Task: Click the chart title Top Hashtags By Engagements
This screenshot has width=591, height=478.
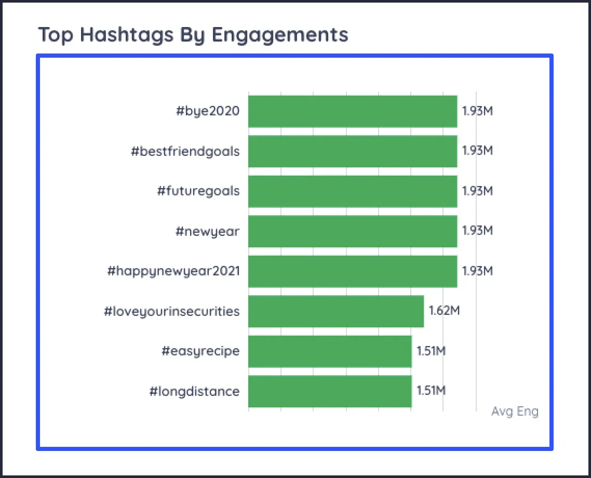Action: (x=193, y=35)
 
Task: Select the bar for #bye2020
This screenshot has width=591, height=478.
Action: (x=353, y=111)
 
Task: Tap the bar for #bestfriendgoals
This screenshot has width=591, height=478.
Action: (x=353, y=151)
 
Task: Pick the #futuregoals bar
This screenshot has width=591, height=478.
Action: (x=353, y=191)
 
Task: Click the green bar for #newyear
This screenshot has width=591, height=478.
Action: (x=353, y=231)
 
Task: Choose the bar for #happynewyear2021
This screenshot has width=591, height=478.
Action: (x=353, y=271)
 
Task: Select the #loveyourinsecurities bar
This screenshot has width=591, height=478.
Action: (x=336, y=311)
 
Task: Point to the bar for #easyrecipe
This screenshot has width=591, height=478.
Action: (x=330, y=351)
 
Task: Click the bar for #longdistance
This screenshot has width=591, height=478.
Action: (x=330, y=391)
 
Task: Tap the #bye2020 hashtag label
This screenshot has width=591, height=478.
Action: (x=208, y=111)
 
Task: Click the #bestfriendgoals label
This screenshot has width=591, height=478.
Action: (x=185, y=151)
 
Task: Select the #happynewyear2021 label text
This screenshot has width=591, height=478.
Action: (x=173, y=271)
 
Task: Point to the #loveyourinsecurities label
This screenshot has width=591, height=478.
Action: (x=172, y=311)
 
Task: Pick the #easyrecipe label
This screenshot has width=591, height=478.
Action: (x=200, y=351)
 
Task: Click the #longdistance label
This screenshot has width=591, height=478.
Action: (x=195, y=391)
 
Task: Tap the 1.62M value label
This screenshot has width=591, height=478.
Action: (x=444, y=311)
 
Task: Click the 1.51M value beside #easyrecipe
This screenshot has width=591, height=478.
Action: (x=431, y=351)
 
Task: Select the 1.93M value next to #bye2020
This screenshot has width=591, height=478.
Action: (x=477, y=111)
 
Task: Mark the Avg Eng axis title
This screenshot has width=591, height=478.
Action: (x=515, y=411)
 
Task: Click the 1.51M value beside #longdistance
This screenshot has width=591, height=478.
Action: (x=431, y=391)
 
